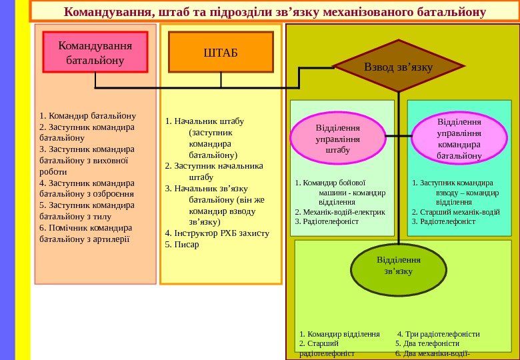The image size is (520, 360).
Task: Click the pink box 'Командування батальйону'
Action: pos(95,53)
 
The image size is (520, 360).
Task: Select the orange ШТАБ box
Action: pos(221,52)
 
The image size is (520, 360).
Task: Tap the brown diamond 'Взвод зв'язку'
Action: pos(398,67)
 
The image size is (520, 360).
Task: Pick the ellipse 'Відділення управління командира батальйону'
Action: pos(459,139)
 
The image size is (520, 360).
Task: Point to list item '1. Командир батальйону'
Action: pos(87,115)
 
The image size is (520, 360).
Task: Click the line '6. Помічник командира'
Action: pos(86,227)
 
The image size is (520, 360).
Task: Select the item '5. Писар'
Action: pos(182,245)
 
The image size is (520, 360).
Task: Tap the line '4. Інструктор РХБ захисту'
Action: pos(217,233)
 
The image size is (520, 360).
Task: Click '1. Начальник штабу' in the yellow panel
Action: pos(204,121)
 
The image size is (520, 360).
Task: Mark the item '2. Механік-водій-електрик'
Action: pos(340,211)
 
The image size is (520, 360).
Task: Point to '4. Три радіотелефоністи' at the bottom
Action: pos(438,334)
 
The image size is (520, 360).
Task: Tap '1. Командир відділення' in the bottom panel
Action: pos(340,334)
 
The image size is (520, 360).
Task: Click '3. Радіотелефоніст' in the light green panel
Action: pos(327,221)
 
